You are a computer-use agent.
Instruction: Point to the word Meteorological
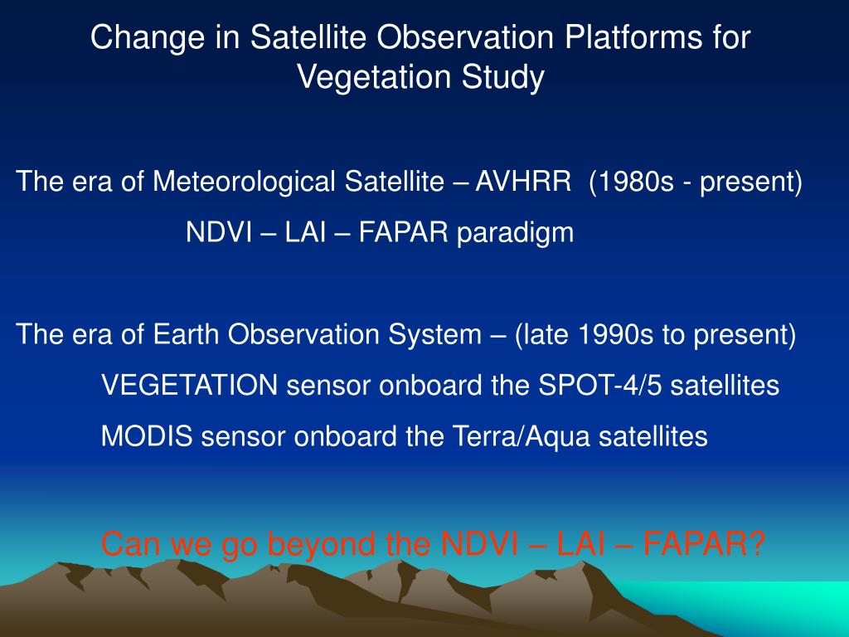pos(245,181)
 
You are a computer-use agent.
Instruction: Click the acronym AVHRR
pos(523,181)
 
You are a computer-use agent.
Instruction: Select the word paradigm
pos(515,233)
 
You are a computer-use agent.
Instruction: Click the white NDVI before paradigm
pos(219,232)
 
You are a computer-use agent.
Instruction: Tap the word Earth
pos(187,334)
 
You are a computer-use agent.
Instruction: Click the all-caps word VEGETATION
pos(190,385)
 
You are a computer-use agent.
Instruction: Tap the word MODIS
pos(147,436)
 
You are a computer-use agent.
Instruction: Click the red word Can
pos(132,543)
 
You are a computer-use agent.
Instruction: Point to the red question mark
pos(756,543)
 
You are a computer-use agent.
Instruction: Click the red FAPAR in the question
pos(695,543)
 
